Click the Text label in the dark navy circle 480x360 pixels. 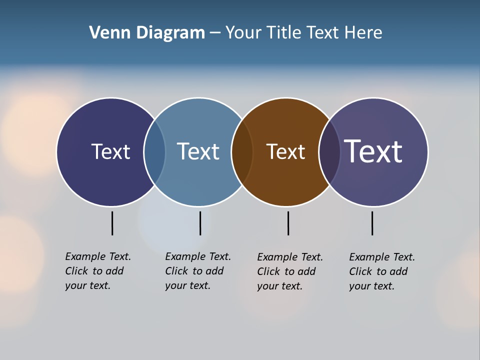point(110,151)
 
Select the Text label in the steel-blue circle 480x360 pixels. point(198,151)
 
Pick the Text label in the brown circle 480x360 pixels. point(285,151)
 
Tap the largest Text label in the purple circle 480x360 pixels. point(373,151)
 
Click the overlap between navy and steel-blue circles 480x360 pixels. point(154,152)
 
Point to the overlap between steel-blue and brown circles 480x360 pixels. point(242,152)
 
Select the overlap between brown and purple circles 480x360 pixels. point(329,152)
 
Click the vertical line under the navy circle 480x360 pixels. point(112,223)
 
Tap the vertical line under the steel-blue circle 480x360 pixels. point(200,223)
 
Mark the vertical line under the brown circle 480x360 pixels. point(288,223)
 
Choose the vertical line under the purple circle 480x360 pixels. point(372,223)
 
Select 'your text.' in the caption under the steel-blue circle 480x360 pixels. point(187,285)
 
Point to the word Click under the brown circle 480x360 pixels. point(269,271)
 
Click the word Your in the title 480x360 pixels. point(243,33)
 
